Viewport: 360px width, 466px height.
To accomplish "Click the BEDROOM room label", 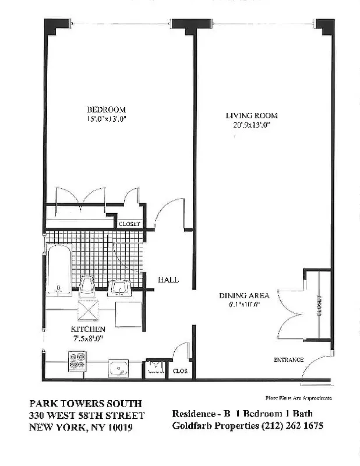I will click(106, 110).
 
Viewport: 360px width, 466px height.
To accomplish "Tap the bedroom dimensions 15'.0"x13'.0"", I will click(106, 118).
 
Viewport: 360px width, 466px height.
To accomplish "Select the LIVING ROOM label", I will click(252, 115).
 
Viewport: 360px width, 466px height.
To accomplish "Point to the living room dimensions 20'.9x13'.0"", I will click(252, 125).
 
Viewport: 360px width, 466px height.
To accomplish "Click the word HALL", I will click(168, 280).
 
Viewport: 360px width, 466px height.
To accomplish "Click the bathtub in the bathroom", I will click(59, 271).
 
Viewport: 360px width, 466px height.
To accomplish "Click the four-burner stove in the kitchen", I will click(77, 362).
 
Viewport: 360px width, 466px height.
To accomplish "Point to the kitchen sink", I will click(119, 367).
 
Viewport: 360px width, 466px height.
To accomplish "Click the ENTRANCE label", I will click(288, 359).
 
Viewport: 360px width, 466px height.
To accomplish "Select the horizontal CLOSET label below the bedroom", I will click(129, 224).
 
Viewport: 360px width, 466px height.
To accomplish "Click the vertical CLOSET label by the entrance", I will click(319, 305).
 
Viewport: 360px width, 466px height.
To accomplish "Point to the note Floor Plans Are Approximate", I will click(298, 397).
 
